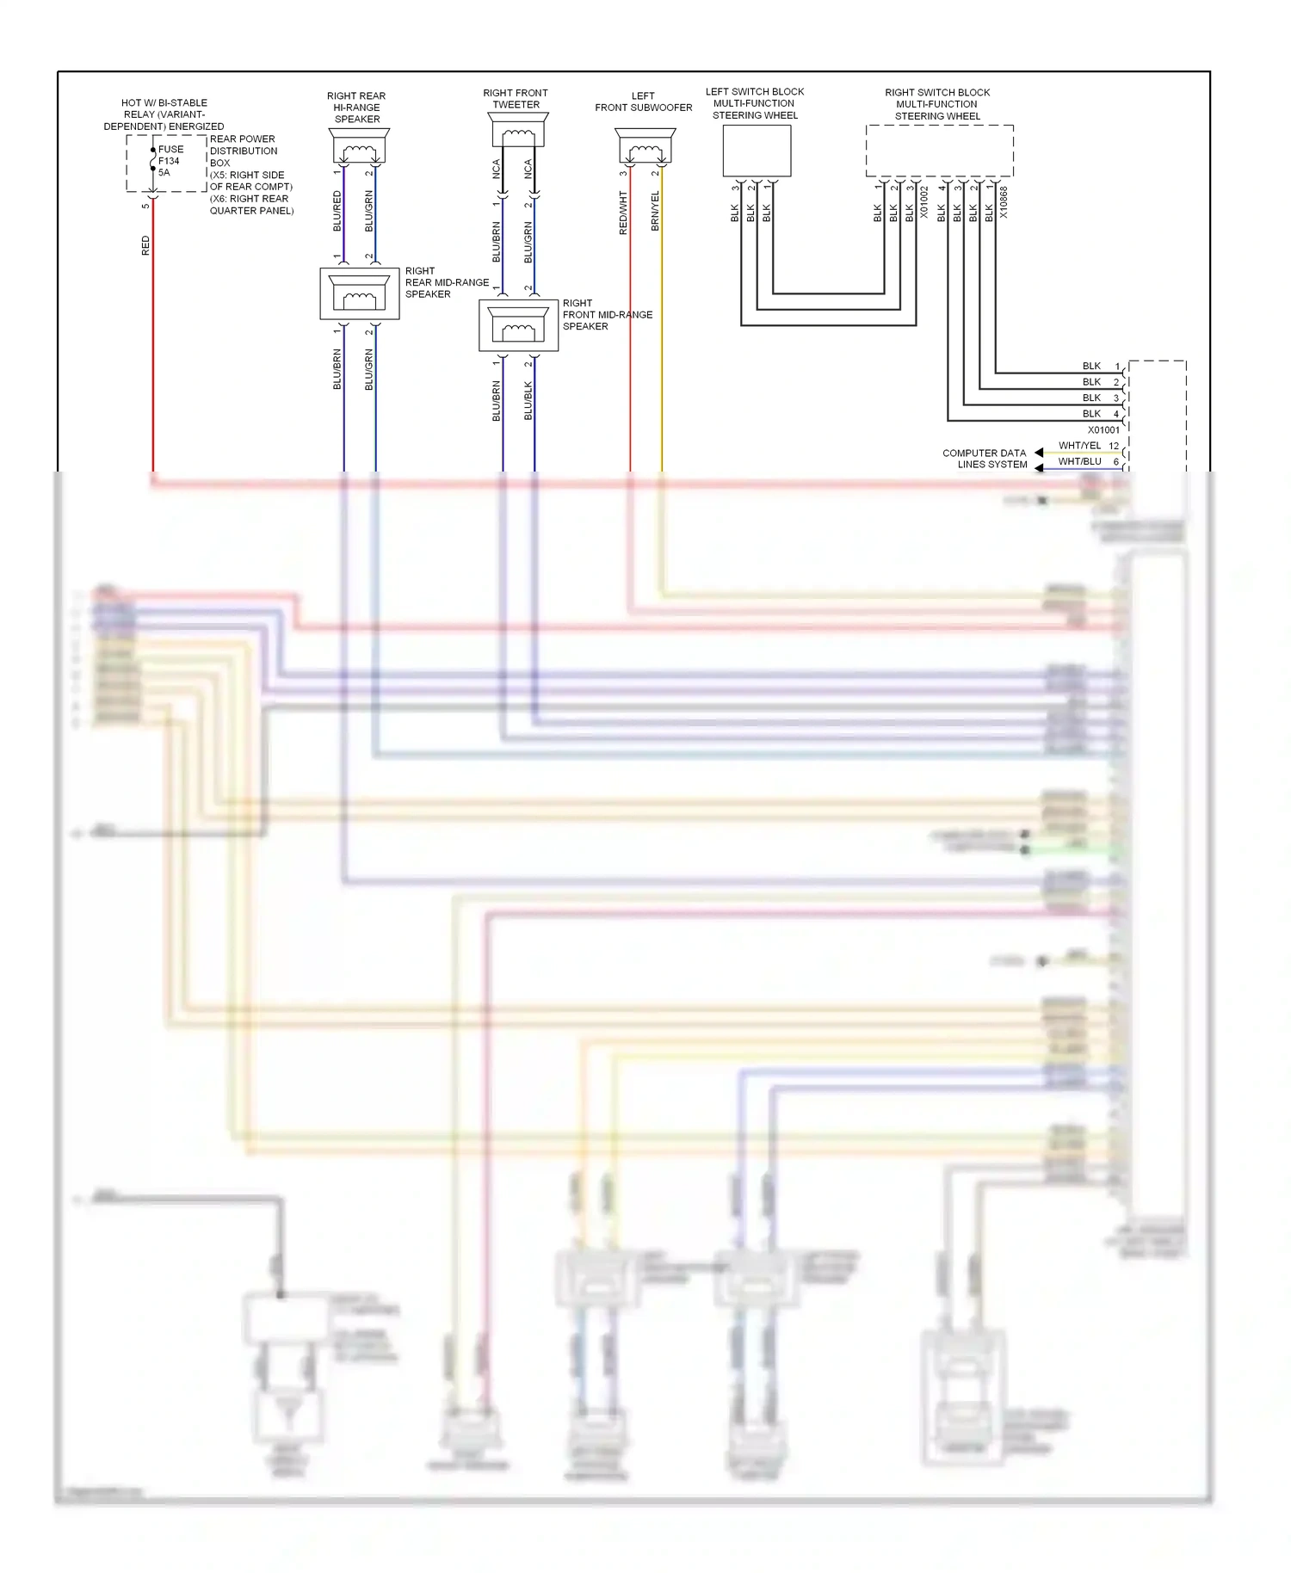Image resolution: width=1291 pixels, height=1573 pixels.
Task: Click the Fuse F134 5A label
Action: (170, 161)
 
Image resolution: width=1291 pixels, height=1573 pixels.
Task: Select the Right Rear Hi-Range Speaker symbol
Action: (359, 147)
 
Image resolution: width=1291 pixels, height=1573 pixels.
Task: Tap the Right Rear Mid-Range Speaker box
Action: (360, 293)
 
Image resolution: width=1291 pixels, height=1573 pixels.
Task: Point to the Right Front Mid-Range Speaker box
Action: (519, 325)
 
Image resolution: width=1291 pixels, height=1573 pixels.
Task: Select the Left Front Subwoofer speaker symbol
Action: (645, 147)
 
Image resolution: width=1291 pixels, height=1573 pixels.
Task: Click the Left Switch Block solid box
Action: (757, 151)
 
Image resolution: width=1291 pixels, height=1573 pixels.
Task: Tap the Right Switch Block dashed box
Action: (939, 151)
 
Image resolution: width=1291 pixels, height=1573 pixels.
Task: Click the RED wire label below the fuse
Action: (145, 245)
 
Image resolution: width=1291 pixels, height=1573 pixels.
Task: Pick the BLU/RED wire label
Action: (337, 211)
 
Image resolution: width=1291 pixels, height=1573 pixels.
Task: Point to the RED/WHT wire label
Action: (623, 213)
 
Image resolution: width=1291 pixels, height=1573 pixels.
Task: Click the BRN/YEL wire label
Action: (655, 211)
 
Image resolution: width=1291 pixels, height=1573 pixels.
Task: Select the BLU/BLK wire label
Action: (528, 401)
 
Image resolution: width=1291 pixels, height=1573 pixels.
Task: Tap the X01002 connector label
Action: (925, 202)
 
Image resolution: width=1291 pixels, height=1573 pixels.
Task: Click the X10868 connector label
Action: (1004, 202)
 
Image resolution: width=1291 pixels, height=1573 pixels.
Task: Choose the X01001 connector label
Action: (1103, 430)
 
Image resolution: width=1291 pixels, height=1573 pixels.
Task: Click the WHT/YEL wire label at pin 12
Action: (1079, 446)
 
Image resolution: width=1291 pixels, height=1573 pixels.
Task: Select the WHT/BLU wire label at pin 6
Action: (1079, 462)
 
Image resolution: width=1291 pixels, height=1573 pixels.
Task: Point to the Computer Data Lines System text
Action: (985, 459)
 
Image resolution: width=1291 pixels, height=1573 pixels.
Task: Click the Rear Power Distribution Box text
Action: (243, 151)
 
